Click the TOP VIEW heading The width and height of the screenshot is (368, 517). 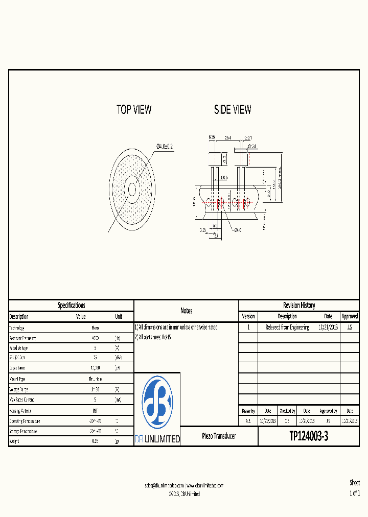tap(134, 109)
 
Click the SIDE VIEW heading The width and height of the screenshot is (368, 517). tap(233, 109)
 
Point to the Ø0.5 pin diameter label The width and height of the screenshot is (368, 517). tap(224, 177)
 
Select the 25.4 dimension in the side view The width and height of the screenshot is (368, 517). tap(228, 138)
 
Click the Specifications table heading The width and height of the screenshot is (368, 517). tap(71, 306)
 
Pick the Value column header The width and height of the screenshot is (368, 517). tap(81, 317)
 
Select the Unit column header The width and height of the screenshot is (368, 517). tap(119, 317)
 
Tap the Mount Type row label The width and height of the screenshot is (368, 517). tap(17, 379)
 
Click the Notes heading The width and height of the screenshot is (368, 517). tap(186, 311)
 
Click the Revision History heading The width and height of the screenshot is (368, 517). tap(299, 306)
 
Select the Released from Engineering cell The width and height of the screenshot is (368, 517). tap(287, 327)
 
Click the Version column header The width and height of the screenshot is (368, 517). tap(248, 317)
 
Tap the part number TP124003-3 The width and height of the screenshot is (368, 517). tap(309, 436)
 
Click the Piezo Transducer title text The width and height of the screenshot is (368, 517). tap(219, 436)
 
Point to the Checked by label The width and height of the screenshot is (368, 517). tap(287, 411)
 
